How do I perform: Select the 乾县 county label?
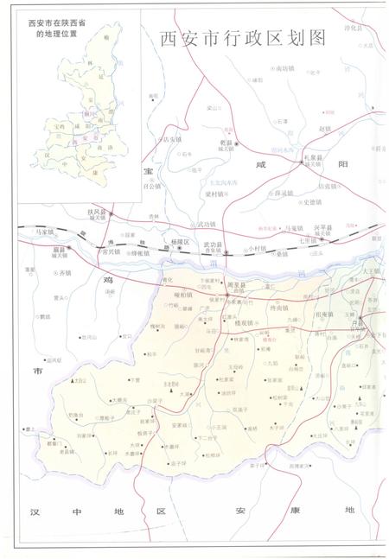click(x=227, y=142)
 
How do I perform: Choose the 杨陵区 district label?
click(x=180, y=242)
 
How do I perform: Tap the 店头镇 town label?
click(x=170, y=139)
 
